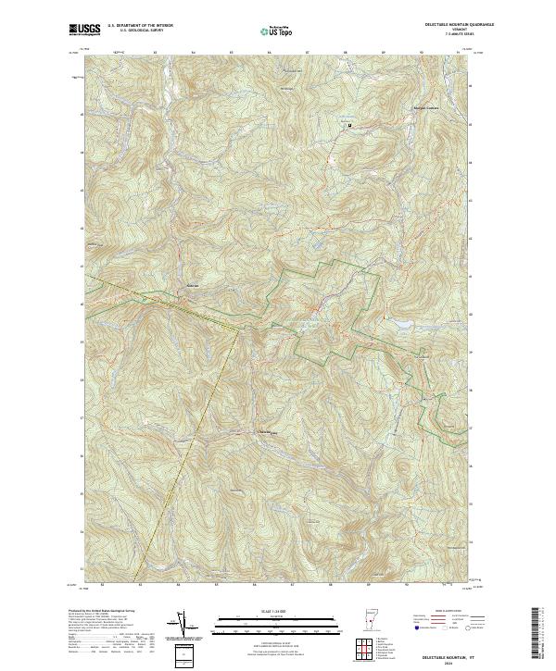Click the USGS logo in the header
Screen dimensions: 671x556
click(x=84, y=29)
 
